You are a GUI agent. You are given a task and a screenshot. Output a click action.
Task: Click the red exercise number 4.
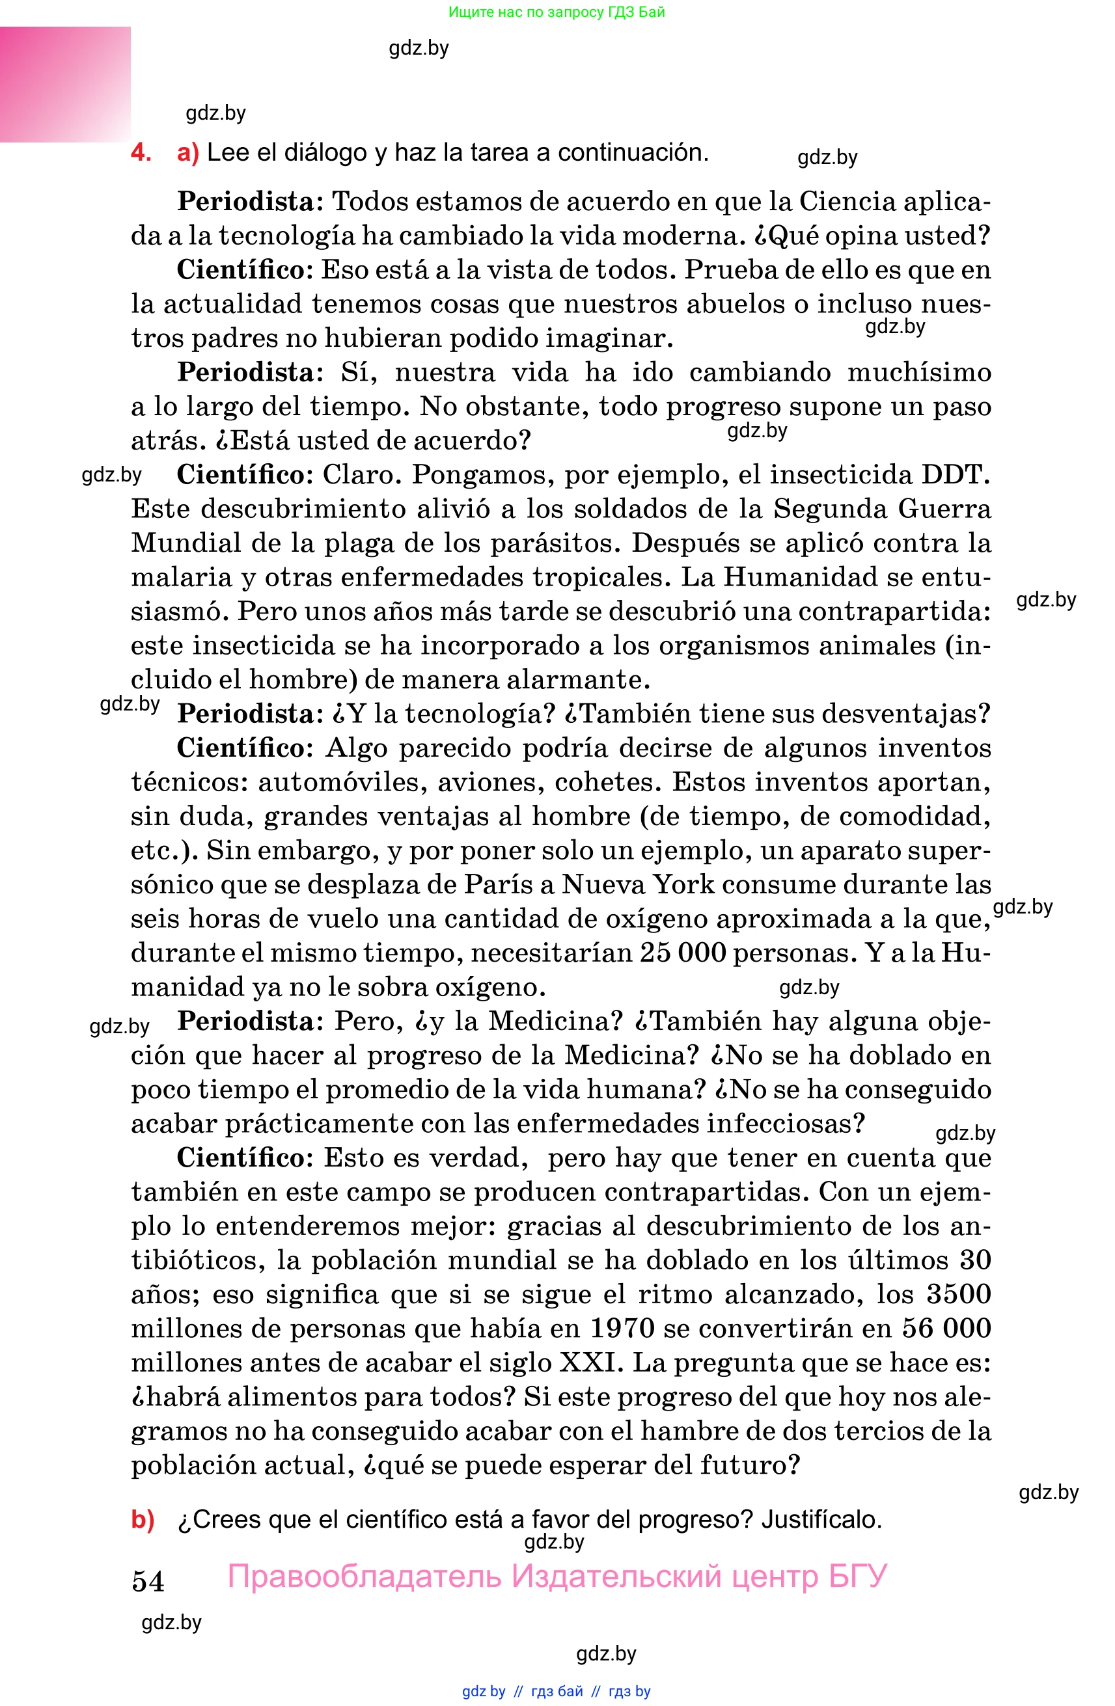(141, 153)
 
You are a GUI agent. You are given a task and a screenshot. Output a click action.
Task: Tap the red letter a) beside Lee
(188, 153)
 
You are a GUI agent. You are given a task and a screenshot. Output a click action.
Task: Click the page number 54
(148, 1580)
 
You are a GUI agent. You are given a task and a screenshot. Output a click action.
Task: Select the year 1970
(622, 1328)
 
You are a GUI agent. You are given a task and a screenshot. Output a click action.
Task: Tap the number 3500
(959, 1294)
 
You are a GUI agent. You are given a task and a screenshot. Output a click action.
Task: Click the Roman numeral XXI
(587, 1362)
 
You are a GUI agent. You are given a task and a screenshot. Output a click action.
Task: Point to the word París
(498, 884)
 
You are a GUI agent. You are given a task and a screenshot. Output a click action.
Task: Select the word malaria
(182, 577)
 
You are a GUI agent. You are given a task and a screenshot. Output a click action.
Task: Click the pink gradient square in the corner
(64, 84)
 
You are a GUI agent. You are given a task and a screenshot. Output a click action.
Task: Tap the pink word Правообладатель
(365, 1577)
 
